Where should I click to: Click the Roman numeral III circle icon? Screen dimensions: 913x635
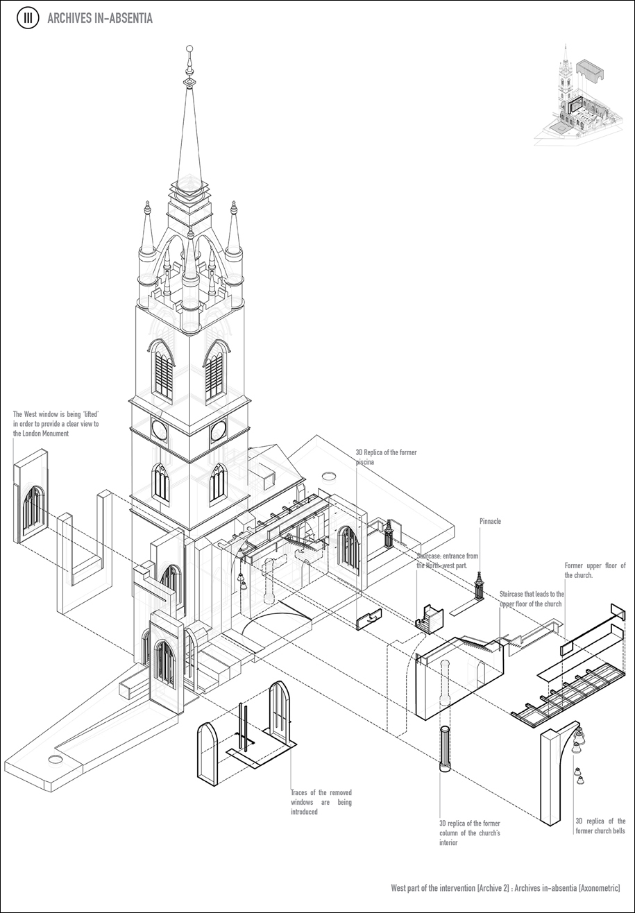(28, 19)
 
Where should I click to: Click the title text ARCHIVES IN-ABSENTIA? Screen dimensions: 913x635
(99, 19)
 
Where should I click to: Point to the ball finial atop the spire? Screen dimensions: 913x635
(189, 50)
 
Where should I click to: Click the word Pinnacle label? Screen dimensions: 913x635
(489, 521)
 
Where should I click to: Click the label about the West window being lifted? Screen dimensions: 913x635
(56, 424)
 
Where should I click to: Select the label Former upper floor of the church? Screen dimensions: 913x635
(595, 570)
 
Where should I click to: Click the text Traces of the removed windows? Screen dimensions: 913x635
(321, 802)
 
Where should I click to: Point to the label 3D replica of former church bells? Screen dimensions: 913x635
(600, 826)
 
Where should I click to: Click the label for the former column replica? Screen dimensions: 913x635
(469, 833)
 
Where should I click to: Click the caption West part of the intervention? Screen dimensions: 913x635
(505, 888)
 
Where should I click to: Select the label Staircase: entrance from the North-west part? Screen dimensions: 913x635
(447, 561)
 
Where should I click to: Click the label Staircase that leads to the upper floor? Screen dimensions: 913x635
(532, 599)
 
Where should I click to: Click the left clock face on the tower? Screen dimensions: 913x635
(160, 430)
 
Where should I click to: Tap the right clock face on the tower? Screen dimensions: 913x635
(218, 430)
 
